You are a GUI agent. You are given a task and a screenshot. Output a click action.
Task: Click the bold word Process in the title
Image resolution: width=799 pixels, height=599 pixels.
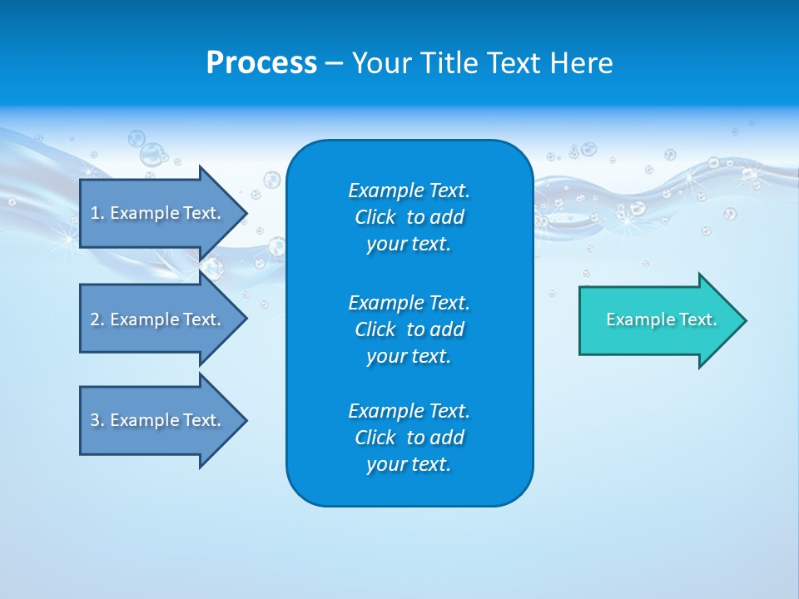click(x=261, y=63)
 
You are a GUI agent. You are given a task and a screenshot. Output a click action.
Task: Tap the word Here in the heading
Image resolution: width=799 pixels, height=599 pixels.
click(x=581, y=63)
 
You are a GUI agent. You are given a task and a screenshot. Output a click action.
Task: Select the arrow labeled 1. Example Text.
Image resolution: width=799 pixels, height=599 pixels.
click(x=158, y=213)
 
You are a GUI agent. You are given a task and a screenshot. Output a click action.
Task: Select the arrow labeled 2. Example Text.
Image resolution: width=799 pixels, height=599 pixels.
click(x=158, y=319)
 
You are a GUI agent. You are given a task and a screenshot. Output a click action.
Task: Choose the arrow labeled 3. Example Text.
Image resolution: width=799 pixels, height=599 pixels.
click(x=158, y=420)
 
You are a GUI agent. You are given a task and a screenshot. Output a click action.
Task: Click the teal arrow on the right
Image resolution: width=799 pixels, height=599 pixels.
click(x=658, y=320)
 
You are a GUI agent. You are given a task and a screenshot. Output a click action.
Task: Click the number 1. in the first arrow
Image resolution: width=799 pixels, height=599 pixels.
click(x=97, y=213)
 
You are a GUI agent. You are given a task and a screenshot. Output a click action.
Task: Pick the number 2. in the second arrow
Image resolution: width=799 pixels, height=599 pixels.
click(x=97, y=319)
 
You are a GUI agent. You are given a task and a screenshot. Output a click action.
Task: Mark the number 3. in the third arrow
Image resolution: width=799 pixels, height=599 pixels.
click(x=97, y=420)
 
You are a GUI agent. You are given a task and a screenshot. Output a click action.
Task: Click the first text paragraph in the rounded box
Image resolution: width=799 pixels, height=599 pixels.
click(x=409, y=217)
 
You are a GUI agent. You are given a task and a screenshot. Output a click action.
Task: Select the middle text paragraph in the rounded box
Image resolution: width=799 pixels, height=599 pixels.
click(x=409, y=329)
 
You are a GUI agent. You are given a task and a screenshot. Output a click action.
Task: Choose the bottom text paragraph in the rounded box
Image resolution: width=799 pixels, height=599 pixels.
click(x=409, y=438)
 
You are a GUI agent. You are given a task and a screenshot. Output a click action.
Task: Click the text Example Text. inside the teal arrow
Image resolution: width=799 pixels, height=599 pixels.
click(x=661, y=319)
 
